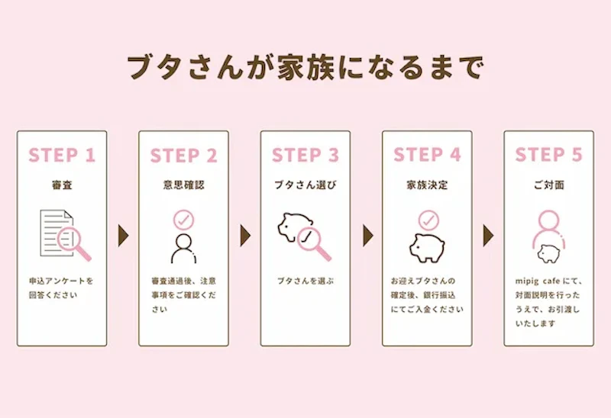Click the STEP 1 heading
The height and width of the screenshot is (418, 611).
(x=62, y=155)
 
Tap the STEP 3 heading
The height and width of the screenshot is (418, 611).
(x=305, y=155)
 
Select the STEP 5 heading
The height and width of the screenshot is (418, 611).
(x=548, y=155)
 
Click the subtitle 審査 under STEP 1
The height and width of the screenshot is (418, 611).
(x=62, y=185)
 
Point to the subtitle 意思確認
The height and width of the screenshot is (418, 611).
(x=183, y=185)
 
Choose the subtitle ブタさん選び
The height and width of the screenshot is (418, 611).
(x=305, y=185)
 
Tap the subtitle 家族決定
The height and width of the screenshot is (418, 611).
(x=427, y=185)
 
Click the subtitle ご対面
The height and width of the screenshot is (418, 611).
(x=548, y=185)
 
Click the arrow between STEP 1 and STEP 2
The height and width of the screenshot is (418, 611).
(x=123, y=236)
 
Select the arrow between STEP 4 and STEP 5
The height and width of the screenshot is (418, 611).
(x=488, y=236)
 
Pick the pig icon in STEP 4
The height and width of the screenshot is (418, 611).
(x=427, y=248)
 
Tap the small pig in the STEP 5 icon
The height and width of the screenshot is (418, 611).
(x=548, y=253)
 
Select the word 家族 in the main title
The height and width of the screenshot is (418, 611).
(x=305, y=67)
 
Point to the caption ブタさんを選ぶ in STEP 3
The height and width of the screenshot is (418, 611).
(x=305, y=281)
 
